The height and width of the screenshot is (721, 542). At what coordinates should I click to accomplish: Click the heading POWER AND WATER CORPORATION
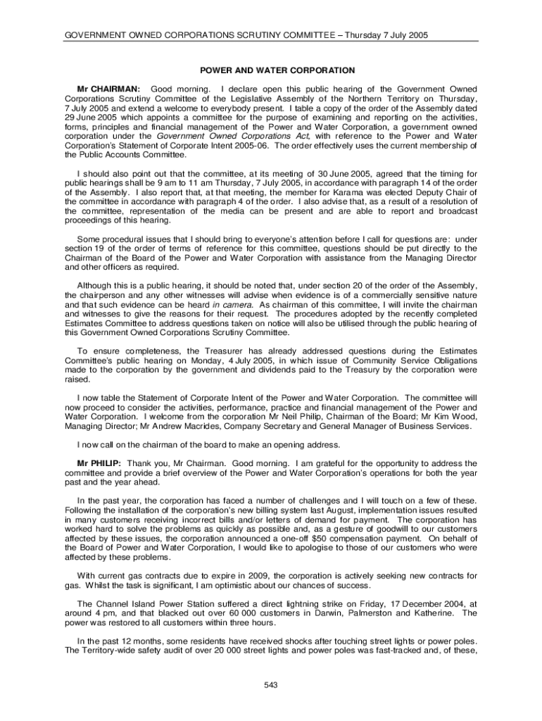click(x=271, y=71)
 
